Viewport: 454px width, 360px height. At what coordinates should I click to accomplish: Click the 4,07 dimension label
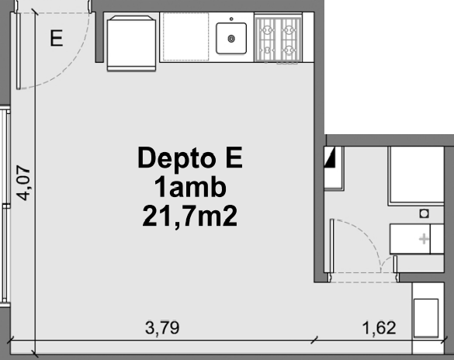coord(23,183)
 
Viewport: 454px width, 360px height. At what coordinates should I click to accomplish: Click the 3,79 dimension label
coord(162,328)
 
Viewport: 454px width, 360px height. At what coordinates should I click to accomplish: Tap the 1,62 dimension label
coord(379,328)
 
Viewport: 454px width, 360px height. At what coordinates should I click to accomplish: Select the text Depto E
coord(190,157)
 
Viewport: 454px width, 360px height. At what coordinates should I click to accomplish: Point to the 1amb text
coord(190,187)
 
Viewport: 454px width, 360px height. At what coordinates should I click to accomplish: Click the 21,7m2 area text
coord(190,216)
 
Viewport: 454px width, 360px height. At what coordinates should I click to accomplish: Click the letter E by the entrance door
coord(57,38)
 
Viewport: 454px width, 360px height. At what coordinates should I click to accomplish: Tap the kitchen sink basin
coord(231,38)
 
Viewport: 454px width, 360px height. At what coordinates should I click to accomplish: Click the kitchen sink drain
coord(231,39)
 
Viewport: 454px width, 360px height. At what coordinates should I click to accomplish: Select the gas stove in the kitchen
coord(279,40)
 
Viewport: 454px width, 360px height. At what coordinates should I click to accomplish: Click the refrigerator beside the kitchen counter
coord(131,43)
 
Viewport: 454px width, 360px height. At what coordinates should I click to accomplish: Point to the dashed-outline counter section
coord(186,36)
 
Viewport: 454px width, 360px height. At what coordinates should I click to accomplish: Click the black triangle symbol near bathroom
coord(330,157)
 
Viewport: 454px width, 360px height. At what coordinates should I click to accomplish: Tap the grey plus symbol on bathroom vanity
coord(424,239)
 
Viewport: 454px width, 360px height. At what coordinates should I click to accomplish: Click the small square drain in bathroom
coord(425,214)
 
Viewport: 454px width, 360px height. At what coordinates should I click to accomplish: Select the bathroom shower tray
coord(416,175)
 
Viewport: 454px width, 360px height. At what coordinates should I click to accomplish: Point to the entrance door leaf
coord(19,51)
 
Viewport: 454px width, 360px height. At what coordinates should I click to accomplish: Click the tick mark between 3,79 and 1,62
coord(314,340)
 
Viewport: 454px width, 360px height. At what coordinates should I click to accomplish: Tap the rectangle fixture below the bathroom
coord(425,318)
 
